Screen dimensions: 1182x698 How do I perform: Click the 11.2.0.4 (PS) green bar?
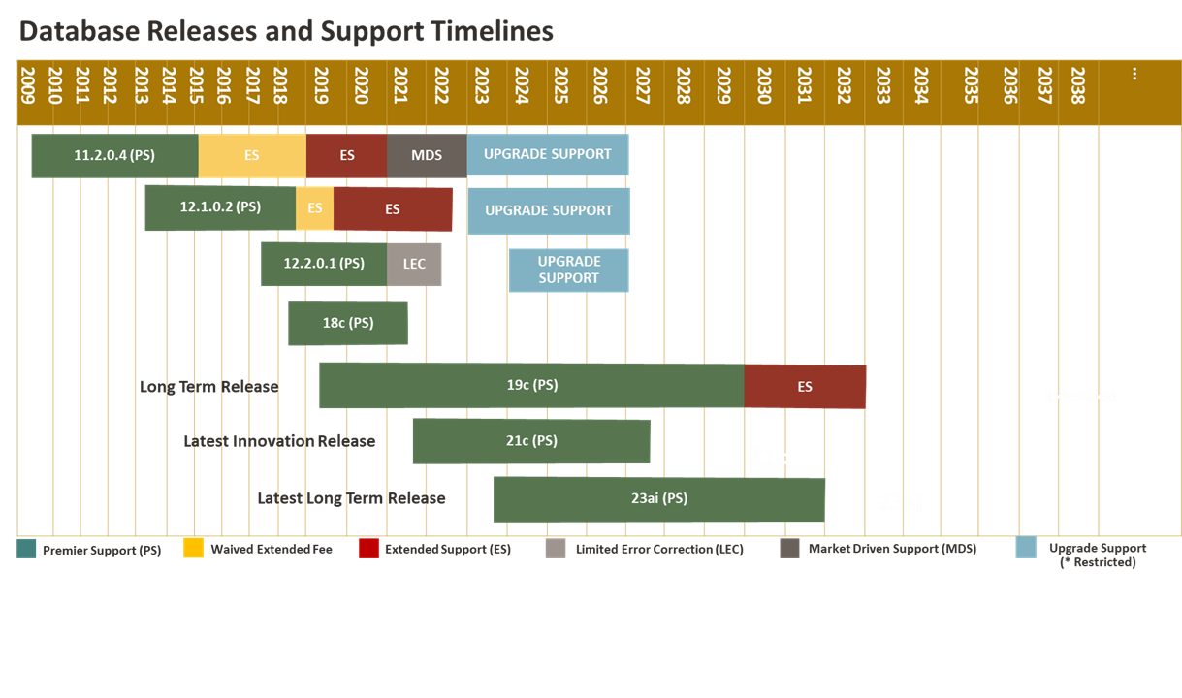click(x=115, y=156)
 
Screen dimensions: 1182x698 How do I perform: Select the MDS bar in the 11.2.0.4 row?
click(x=427, y=156)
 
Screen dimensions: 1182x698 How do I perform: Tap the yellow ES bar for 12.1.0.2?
click(x=314, y=207)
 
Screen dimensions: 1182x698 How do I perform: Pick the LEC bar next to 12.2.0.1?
click(x=414, y=265)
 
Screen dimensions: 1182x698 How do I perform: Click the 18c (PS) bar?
click(x=348, y=324)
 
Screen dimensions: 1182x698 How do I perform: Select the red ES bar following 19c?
click(x=805, y=387)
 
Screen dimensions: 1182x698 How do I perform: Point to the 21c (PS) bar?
click(x=531, y=442)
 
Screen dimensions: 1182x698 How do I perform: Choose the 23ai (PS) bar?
click(x=659, y=499)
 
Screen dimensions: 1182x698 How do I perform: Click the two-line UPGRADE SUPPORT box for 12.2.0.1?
click(x=569, y=270)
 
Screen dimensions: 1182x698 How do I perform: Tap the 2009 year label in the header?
click(x=27, y=85)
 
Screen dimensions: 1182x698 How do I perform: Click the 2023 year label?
click(x=481, y=85)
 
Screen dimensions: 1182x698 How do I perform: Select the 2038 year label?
click(x=1078, y=85)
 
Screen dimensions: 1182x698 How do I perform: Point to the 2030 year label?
click(x=764, y=85)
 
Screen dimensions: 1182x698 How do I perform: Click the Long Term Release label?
click(x=209, y=387)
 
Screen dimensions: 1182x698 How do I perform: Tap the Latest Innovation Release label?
click(x=279, y=441)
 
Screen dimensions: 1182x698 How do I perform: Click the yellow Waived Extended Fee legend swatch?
click(x=193, y=548)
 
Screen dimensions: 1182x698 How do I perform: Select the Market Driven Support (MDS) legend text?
click(x=893, y=549)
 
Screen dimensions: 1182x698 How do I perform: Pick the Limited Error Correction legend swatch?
click(x=556, y=548)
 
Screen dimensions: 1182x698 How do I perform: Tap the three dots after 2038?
click(x=1134, y=74)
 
